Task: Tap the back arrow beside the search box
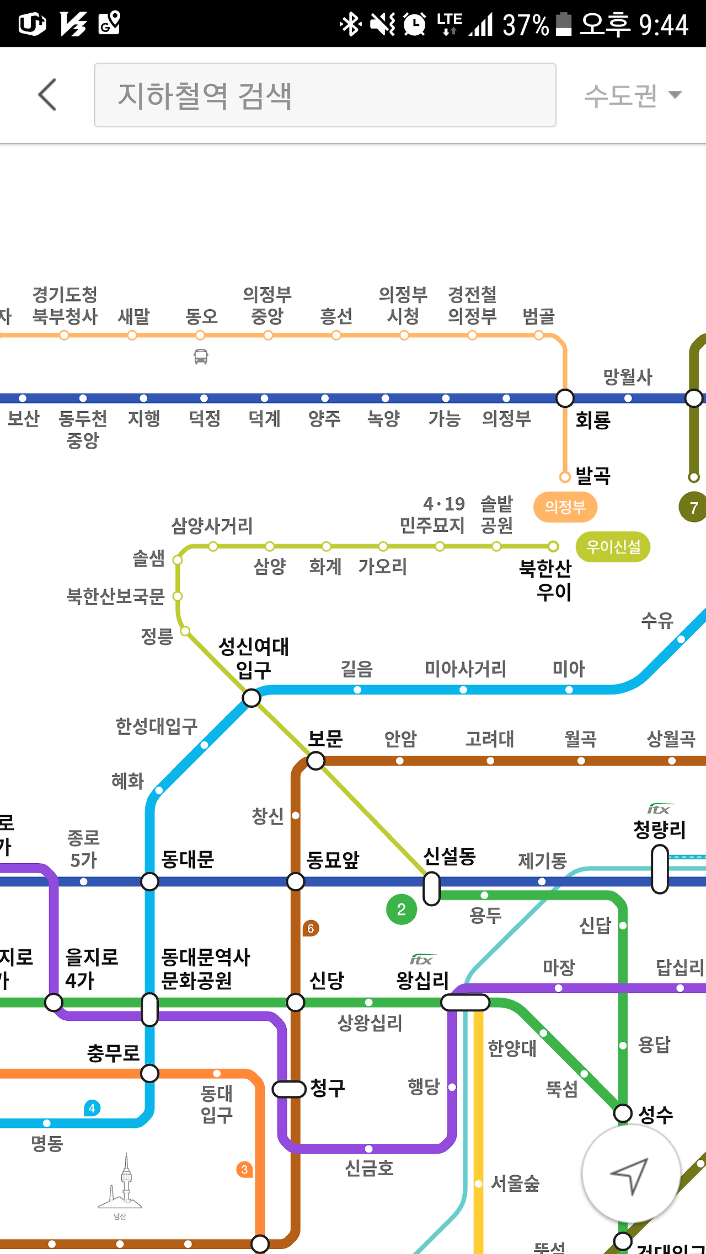pos(48,95)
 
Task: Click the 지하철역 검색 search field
pos(325,95)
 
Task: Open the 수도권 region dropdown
pos(633,95)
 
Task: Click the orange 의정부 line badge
pos(565,507)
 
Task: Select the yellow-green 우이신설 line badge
pos(613,547)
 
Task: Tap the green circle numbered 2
pos(402,909)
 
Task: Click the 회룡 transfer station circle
pos(565,398)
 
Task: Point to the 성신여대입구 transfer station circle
pos(252,698)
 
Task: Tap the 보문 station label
pos(325,739)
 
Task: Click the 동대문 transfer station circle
pos(149,881)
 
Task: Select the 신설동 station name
pos(449,856)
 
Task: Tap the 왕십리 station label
pos(422,979)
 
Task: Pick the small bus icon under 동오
pos(201,357)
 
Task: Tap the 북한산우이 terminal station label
pos(545,580)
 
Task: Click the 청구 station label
pos(328,1088)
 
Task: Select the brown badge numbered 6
pos(311,928)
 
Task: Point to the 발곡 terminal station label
pos(593,475)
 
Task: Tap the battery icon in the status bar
pos(563,24)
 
